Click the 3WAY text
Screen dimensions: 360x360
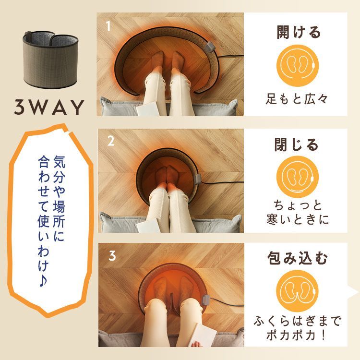pos(49,107)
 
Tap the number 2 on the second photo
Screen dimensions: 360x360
pos(111,141)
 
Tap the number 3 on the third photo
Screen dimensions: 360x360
pos(112,255)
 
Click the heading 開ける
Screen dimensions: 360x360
pos(298,33)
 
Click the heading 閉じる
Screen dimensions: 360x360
pos(297,144)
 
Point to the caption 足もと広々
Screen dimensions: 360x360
pos(298,99)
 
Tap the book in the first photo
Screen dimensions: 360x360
pos(146,107)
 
